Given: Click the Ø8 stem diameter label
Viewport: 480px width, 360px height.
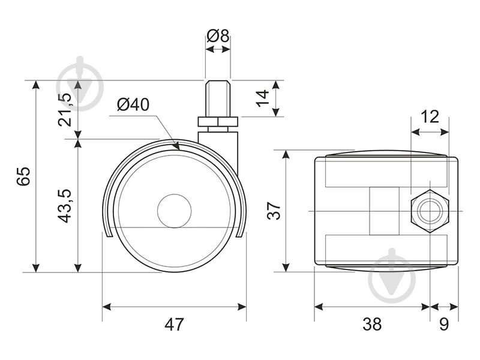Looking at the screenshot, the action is (x=218, y=36).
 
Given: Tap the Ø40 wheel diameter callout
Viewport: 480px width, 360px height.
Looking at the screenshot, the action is (x=133, y=104).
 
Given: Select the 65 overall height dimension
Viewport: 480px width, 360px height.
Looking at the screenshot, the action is (x=23, y=176).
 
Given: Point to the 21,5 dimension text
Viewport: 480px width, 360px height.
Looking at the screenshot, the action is (x=65, y=110).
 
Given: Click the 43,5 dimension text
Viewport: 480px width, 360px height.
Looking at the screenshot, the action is (x=65, y=206).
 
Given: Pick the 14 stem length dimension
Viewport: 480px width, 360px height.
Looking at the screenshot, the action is (x=262, y=98).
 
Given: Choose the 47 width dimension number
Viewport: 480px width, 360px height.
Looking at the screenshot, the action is (x=174, y=325).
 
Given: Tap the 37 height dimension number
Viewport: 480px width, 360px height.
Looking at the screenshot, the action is (x=274, y=210).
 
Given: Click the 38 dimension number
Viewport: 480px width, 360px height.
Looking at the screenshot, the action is (x=372, y=324).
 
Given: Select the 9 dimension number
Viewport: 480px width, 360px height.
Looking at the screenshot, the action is (x=444, y=324).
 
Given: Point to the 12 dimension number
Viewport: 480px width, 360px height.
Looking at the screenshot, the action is (x=430, y=116).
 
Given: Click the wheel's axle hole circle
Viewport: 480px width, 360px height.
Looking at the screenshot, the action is (x=174, y=211).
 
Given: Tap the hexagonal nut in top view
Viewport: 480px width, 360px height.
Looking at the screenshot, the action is (x=430, y=211).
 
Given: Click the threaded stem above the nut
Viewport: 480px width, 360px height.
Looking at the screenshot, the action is (x=218, y=98).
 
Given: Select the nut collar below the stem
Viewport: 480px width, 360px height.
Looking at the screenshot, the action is (x=218, y=122).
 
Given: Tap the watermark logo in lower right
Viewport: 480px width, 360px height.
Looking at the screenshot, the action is (x=392, y=275).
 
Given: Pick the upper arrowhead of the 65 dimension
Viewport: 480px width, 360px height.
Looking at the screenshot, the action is (x=36, y=85).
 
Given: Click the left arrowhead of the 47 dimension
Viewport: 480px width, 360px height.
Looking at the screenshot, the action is (x=107, y=307).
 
